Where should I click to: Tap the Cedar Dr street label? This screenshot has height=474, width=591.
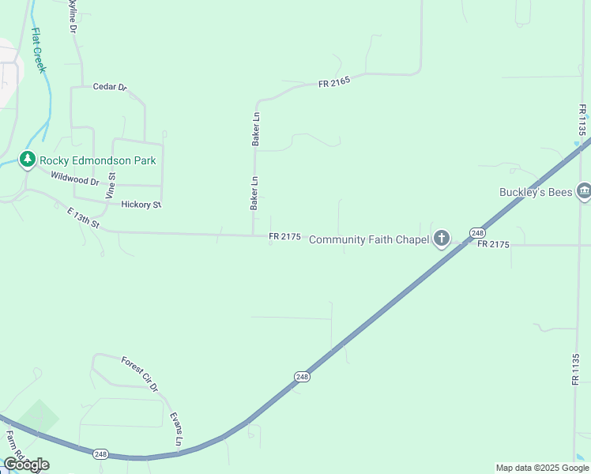[x=110, y=87]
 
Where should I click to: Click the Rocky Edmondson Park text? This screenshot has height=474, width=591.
[x=100, y=160]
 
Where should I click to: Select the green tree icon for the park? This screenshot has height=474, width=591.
[x=28, y=160]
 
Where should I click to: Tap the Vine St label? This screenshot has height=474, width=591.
[x=111, y=185]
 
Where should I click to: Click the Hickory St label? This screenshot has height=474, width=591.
[x=141, y=205]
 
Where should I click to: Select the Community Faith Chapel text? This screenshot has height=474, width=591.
[x=368, y=239]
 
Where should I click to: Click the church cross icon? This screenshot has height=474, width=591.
[x=441, y=239]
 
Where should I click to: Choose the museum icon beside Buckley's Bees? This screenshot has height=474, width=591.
[x=584, y=191]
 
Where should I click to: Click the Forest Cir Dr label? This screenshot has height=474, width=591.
[x=140, y=374]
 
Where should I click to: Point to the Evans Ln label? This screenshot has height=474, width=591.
[x=178, y=430]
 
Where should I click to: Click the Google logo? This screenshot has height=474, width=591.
[x=26, y=465]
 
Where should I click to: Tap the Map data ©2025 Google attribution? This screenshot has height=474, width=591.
[x=542, y=468]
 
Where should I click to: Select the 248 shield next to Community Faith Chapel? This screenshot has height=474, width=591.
[x=477, y=232]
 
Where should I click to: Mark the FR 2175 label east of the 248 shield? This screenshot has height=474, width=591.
[x=493, y=245]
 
